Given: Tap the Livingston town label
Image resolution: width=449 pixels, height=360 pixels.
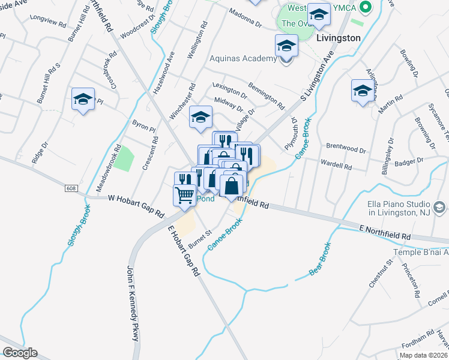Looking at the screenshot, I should tap(338, 38).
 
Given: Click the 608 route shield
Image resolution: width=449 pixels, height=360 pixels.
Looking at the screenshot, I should tap(71, 188).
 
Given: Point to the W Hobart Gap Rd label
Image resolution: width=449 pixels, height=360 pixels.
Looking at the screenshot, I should tap(135, 206).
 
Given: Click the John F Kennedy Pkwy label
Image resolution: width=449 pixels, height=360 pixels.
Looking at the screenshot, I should tap(133, 304).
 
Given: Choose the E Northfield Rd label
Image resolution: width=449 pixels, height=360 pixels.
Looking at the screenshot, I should tap(385, 233).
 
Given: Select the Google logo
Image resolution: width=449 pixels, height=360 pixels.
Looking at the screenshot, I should tap(20, 352).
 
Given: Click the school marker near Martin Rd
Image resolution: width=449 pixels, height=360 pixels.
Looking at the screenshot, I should tap(362, 91).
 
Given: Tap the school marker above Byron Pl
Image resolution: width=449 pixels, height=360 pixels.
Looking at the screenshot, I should tap(200, 117).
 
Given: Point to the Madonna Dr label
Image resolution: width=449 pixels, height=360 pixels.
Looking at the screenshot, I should tap(247, 19).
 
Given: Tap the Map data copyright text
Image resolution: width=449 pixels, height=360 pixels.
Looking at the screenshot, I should tap(423, 355).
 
